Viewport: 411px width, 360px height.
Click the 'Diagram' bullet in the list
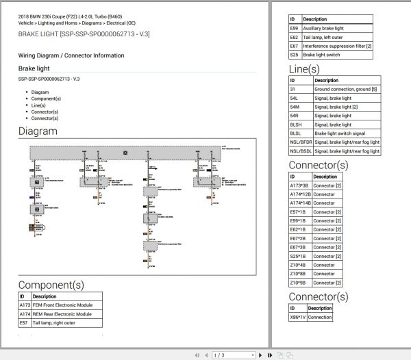coord(40,92)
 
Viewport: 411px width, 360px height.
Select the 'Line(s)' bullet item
coord(40,105)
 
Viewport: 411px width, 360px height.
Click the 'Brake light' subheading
coord(34,69)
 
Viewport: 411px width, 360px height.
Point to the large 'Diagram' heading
coord(38,131)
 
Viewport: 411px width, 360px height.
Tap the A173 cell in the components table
coord(24,305)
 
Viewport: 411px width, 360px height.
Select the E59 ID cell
coord(294,29)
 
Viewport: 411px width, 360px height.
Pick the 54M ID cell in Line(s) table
coord(295,107)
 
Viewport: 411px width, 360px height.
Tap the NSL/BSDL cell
coord(301,151)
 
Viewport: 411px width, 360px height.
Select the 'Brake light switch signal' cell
coord(340,133)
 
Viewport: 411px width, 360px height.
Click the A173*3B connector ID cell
coord(300,186)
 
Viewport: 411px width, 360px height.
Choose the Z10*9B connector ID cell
coord(299,283)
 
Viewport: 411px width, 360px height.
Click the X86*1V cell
coord(298,318)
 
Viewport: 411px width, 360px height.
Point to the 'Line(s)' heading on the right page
coord(304,69)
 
